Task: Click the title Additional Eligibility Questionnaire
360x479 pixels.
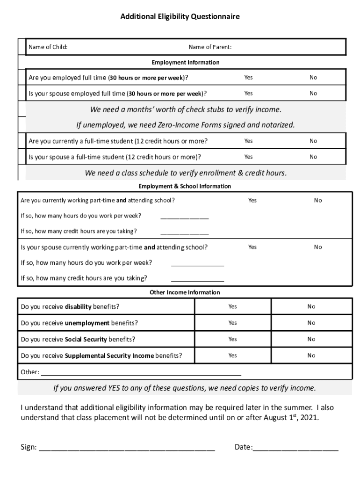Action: (180, 17)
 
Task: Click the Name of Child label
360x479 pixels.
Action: (48, 47)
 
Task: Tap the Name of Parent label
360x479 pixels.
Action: (210, 47)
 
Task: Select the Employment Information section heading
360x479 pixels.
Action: (185, 62)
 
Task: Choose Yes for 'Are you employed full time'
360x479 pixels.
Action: (248, 77)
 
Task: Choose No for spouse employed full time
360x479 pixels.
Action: (313, 93)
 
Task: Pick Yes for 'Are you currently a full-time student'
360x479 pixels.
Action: (248, 141)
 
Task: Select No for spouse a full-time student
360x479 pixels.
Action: (313, 157)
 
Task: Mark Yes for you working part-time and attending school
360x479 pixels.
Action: (252, 200)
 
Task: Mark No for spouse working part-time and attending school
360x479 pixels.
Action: (318, 247)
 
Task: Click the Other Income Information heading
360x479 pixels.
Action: (185, 292)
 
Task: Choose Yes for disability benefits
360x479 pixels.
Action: (232, 306)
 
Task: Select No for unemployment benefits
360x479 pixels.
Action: (311, 323)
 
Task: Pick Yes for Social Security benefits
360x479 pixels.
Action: (232, 339)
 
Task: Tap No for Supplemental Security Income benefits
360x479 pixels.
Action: (311, 356)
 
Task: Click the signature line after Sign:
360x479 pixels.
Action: (127, 448)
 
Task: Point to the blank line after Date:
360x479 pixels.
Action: (295, 448)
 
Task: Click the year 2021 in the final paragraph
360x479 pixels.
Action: (310, 418)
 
